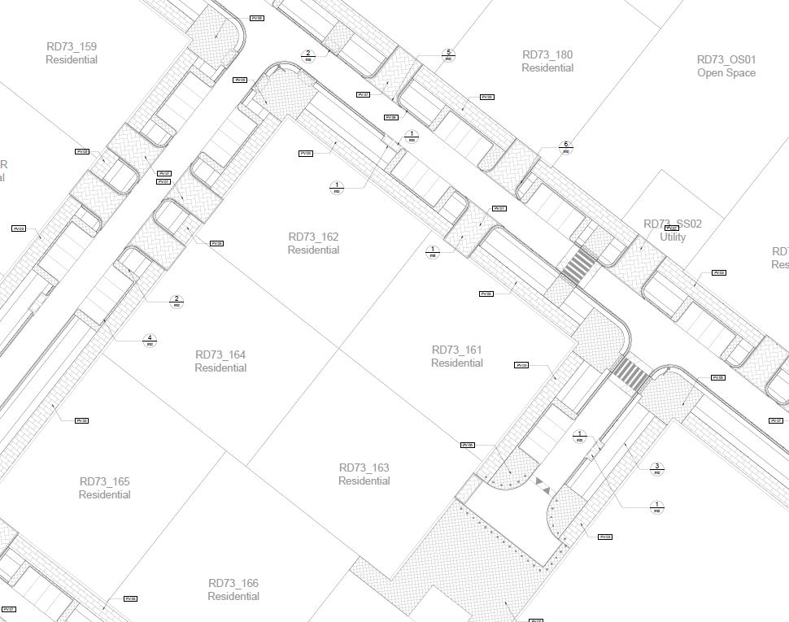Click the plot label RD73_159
tap(71, 46)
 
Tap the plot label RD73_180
tap(547, 54)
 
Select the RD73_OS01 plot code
tap(726, 59)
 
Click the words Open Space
tap(726, 73)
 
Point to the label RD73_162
tap(313, 237)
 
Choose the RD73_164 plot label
tap(220, 354)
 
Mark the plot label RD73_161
tap(457, 350)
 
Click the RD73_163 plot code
tap(364, 468)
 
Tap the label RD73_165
tap(105, 481)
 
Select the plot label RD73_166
tap(233, 583)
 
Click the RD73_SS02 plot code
tap(673, 224)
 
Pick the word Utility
tap(673, 237)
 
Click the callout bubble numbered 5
tap(447, 54)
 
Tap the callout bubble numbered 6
tap(566, 147)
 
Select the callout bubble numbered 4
tap(150, 340)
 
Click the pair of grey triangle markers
tap(543, 485)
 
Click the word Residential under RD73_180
tap(547, 68)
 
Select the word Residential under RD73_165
tap(105, 495)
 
